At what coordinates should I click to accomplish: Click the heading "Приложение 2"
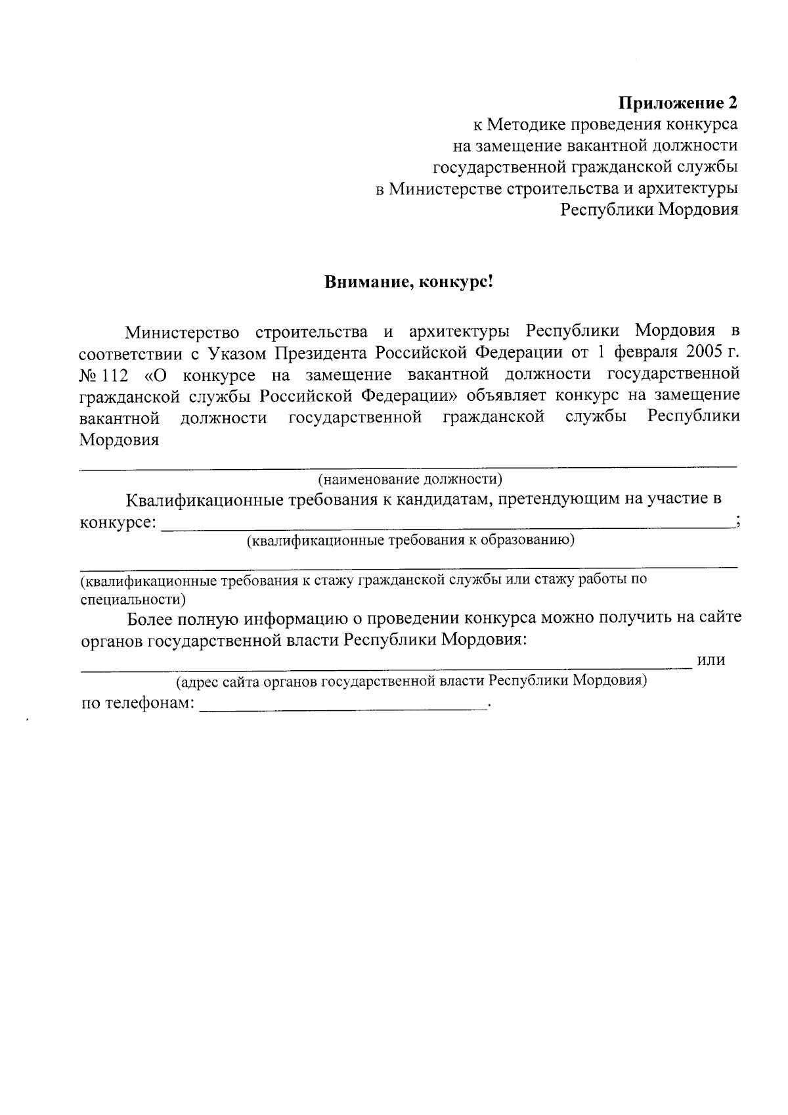tap(678, 103)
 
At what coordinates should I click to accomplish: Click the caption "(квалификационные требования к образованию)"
tap(411, 541)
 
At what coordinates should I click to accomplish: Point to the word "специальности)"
tap(132, 599)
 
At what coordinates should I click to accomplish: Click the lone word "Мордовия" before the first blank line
tap(120, 440)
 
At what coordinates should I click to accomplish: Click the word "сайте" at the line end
tap(720, 618)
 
